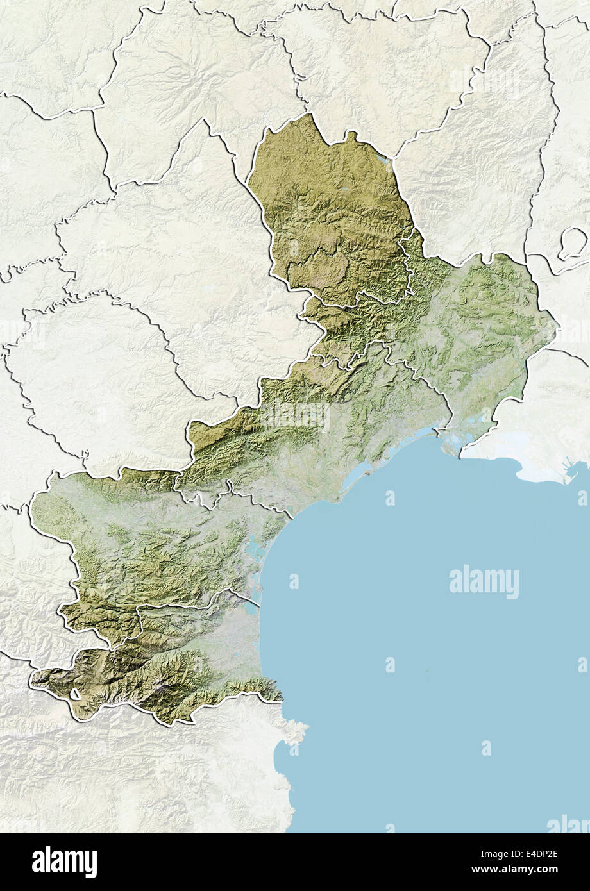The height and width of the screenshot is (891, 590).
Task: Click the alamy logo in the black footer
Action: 64,862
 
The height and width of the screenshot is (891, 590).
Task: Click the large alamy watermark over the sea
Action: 484,582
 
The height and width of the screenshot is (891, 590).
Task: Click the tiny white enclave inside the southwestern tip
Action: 75,694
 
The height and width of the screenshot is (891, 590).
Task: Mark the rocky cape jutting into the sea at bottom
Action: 295,731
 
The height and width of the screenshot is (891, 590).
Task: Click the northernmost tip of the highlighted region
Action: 308,115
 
